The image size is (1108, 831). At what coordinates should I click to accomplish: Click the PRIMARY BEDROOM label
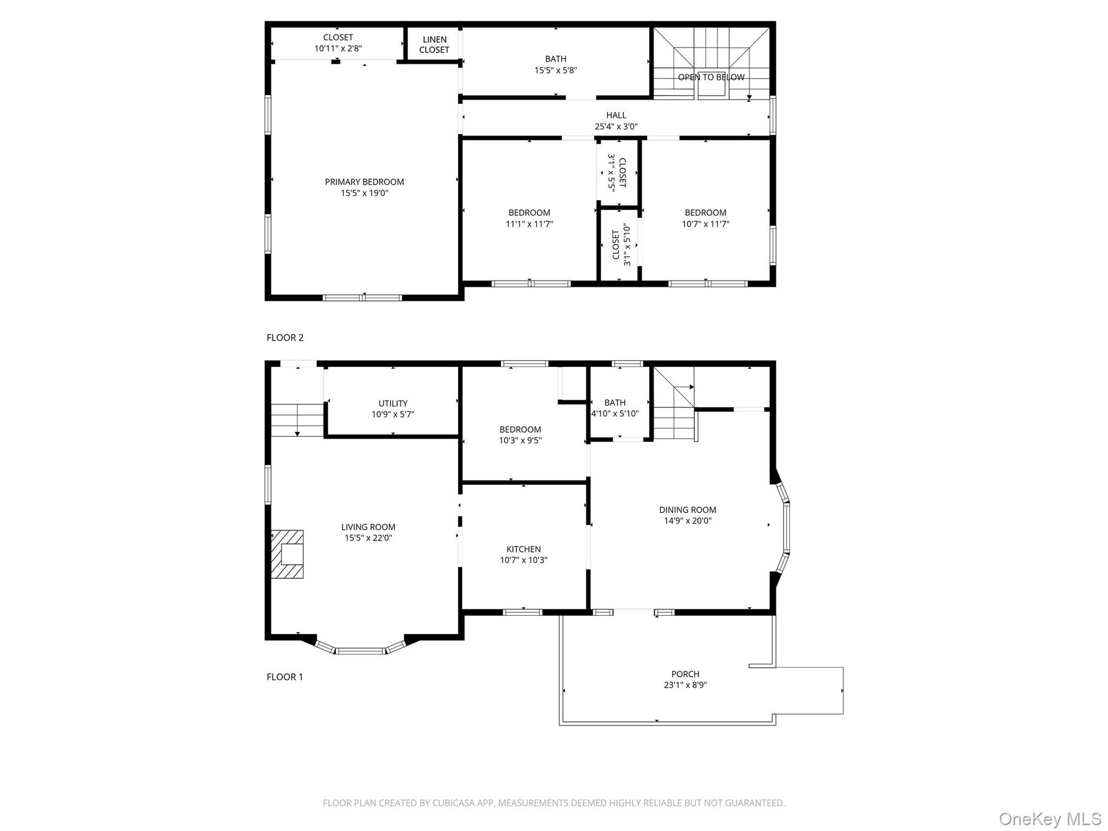[x=364, y=182]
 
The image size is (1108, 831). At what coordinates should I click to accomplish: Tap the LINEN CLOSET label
[x=435, y=44]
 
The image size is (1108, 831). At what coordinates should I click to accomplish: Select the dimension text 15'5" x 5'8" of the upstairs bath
[x=556, y=70]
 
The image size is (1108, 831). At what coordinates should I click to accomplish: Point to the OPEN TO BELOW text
[x=711, y=77]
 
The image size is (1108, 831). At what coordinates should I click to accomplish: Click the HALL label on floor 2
[x=616, y=115]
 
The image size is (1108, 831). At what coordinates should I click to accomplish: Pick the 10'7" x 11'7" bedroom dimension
[x=706, y=224]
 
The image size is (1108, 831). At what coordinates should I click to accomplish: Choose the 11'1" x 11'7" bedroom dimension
[x=529, y=224]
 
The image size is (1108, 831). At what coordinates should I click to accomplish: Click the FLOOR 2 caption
[x=285, y=338]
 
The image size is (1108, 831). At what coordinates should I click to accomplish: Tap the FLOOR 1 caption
[x=285, y=677]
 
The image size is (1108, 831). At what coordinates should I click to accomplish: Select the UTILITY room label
[x=393, y=403]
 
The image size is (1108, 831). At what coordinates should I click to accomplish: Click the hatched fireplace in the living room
[x=287, y=554]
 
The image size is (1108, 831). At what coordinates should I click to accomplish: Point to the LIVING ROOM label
[x=368, y=527]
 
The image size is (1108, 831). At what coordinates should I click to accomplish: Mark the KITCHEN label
[x=523, y=549]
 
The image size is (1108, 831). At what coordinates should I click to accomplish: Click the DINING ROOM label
[x=687, y=510]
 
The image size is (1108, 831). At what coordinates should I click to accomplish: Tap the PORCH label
[x=686, y=674]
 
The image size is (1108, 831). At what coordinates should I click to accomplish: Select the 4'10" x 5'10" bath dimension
[x=615, y=414]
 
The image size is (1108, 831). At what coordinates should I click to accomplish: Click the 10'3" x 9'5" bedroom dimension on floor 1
[x=521, y=440]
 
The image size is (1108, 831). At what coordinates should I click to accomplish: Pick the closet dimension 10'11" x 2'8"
[x=338, y=49]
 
